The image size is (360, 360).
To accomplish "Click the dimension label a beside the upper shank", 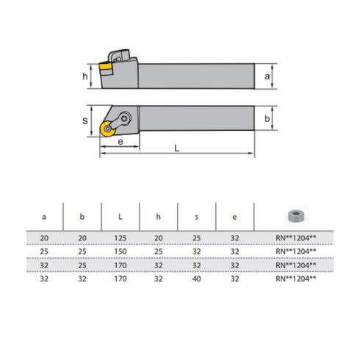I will coord(268,76).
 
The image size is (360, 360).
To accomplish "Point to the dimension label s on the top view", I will coord(85,121).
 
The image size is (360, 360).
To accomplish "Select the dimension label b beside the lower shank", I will coord(268,118).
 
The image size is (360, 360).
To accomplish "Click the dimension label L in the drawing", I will coord(177,148).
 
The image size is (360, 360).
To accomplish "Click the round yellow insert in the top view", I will coord(108,128).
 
